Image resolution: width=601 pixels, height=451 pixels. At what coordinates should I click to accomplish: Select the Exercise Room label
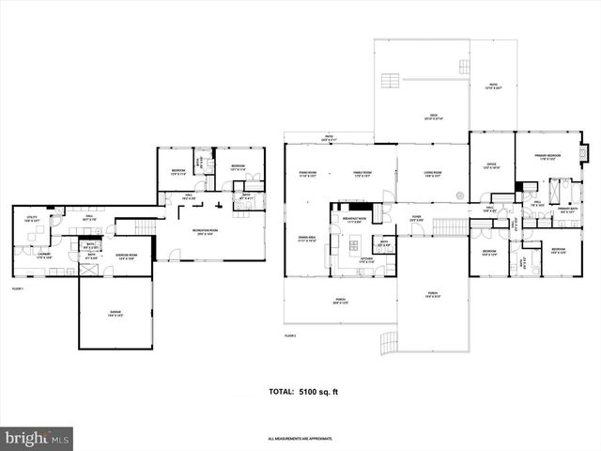click(127, 256)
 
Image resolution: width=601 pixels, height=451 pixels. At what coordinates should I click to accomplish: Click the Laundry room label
click(43, 256)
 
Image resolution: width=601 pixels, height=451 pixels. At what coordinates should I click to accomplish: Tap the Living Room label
click(432, 174)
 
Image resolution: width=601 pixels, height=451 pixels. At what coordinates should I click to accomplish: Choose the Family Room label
click(362, 174)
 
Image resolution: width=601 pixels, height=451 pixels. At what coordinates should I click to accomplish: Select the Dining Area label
click(306, 239)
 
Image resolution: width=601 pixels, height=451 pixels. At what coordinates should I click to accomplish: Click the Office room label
click(490, 165)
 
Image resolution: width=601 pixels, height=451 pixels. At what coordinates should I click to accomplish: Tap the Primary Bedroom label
click(547, 157)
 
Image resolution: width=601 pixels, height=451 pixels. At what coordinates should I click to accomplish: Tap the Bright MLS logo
click(38, 438)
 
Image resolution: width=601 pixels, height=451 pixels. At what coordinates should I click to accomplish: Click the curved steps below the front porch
click(390, 347)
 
